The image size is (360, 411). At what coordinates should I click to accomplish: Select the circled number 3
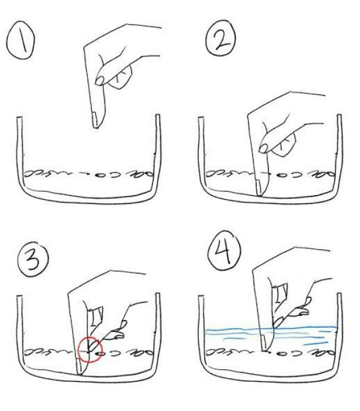32,260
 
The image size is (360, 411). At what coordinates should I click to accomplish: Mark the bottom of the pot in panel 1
87,198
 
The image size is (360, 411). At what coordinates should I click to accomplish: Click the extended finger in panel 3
117,332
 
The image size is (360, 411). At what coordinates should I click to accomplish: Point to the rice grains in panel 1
87,174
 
